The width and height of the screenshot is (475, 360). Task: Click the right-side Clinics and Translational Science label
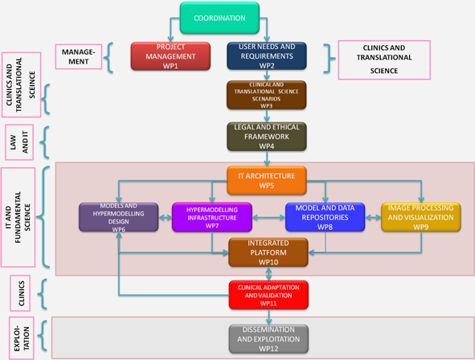[384, 59]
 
